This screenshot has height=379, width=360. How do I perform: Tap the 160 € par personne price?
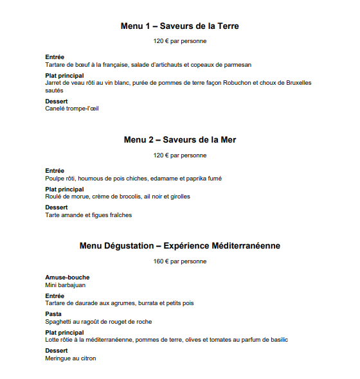pyautogui.click(x=179, y=261)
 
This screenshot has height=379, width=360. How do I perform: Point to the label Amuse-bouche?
pyautogui.click(x=67, y=278)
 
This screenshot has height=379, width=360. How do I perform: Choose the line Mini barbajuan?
pyautogui.click(x=65, y=285)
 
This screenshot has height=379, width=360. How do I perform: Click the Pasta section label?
pyautogui.click(x=53, y=314)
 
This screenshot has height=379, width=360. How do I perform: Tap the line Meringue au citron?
pyautogui.click(x=70, y=358)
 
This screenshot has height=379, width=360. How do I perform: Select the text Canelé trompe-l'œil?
pyautogui.click(x=71, y=109)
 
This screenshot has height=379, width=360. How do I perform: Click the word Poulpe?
pyautogui.click(x=55, y=178)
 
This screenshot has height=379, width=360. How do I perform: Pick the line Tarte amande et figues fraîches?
pyautogui.click(x=88, y=215)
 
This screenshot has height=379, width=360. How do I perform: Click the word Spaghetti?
pyautogui.click(x=60, y=321)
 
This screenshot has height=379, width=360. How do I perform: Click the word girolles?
pyautogui.click(x=178, y=197)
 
